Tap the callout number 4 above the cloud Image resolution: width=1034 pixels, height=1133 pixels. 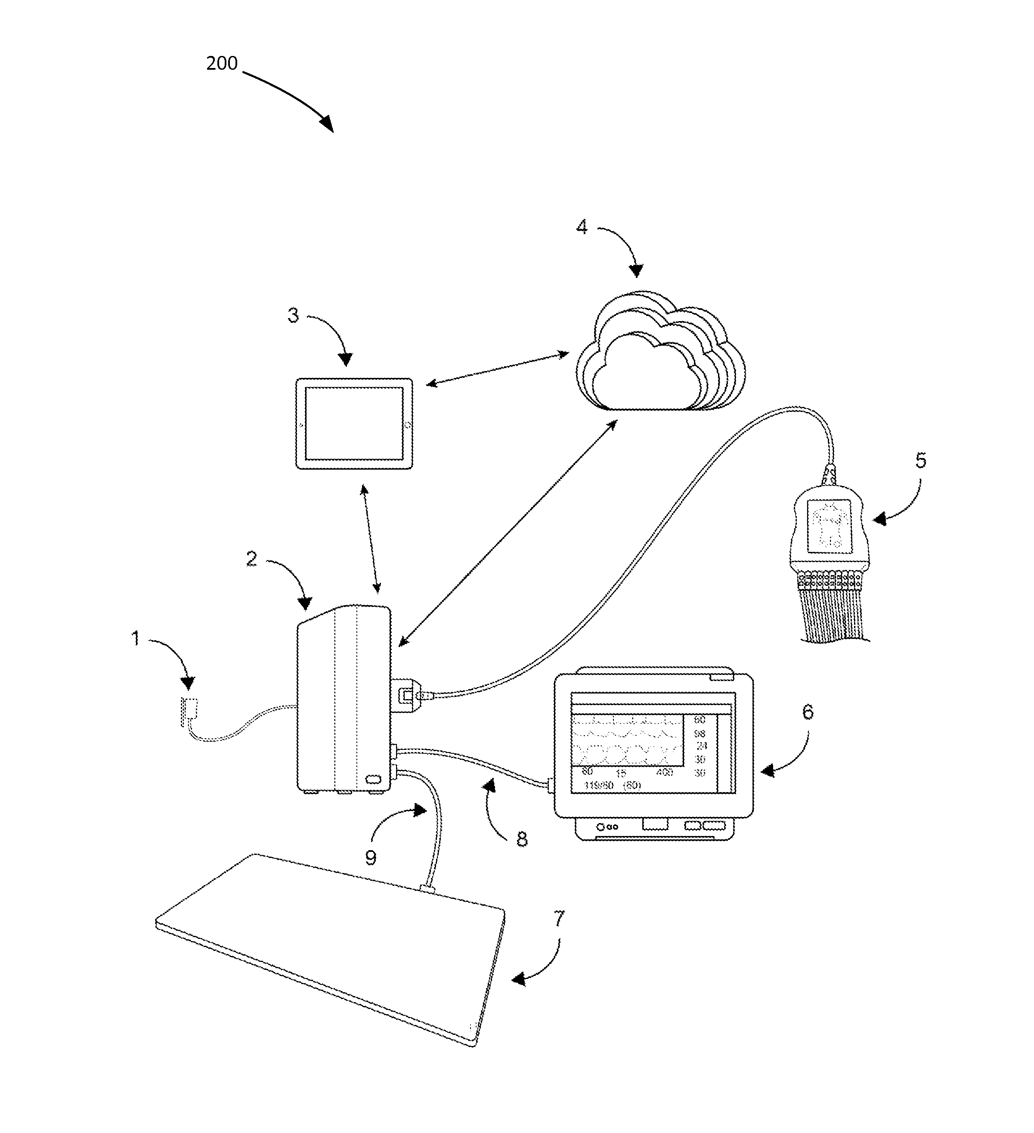point(582,227)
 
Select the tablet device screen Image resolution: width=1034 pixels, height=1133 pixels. point(354,423)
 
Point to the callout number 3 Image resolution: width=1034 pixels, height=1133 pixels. point(293,315)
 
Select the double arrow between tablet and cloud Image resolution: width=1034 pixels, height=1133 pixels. point(497,368)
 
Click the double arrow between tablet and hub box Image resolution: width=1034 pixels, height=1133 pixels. point(371,539)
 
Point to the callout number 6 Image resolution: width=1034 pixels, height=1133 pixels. point(807,712)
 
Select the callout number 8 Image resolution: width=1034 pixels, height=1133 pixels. point(522,839)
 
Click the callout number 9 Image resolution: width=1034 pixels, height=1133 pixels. point(370,857)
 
